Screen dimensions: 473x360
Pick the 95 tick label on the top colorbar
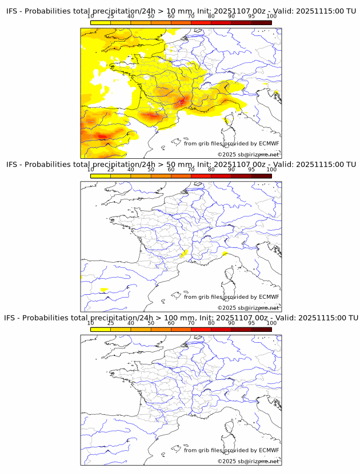[x=251, y=17]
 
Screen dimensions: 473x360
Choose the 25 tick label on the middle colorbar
[x=110, y=170]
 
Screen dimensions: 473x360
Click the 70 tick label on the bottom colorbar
[x=191, y=323]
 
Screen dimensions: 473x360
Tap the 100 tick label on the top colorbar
[x=271, y=17]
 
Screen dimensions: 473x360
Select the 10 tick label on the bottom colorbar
[x=90, y=323]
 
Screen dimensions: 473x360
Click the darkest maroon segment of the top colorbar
[x=261, y=23]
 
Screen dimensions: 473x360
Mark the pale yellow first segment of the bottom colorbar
[x=100, y=329]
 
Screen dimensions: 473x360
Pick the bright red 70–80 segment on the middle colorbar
[x=201, y=176]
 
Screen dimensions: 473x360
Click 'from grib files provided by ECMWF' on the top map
[x=231, y=143]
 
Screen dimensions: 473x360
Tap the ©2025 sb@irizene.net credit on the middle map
[x=248, y=308]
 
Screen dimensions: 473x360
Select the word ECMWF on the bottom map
[x=269, y=450]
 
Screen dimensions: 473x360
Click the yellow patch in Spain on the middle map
[x=103, y=290]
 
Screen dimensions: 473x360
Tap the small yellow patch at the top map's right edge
[x=277, y=93]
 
